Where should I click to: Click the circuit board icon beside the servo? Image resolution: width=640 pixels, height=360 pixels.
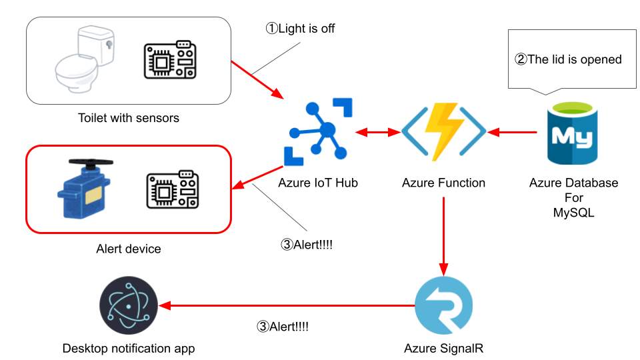[172, 191]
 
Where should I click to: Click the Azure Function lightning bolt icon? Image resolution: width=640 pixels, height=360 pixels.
[444, 131]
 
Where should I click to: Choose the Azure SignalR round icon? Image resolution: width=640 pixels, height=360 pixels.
[443, 306]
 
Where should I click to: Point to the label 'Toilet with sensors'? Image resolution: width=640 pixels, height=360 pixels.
[129, 118]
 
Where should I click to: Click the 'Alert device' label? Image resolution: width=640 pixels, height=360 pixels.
[129, 249]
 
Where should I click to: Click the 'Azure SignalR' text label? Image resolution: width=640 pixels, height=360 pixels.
[443, 348]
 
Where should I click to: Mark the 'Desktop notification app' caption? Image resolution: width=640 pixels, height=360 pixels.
[129, 348]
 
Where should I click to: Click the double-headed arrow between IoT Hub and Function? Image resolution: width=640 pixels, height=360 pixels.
[377, 133]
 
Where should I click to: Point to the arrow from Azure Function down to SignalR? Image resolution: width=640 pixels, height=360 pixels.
[443, 233]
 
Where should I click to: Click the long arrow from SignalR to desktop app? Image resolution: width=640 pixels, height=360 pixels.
[287, 306]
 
